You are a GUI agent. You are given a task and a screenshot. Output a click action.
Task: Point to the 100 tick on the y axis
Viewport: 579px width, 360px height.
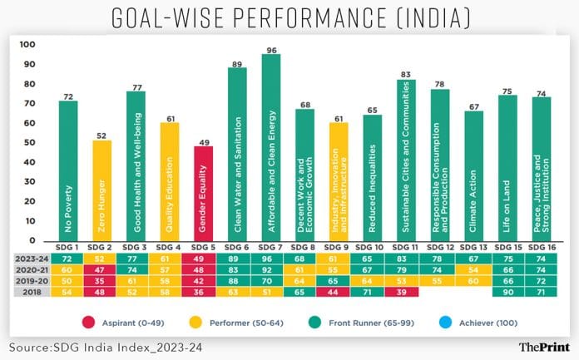point(27,44)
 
